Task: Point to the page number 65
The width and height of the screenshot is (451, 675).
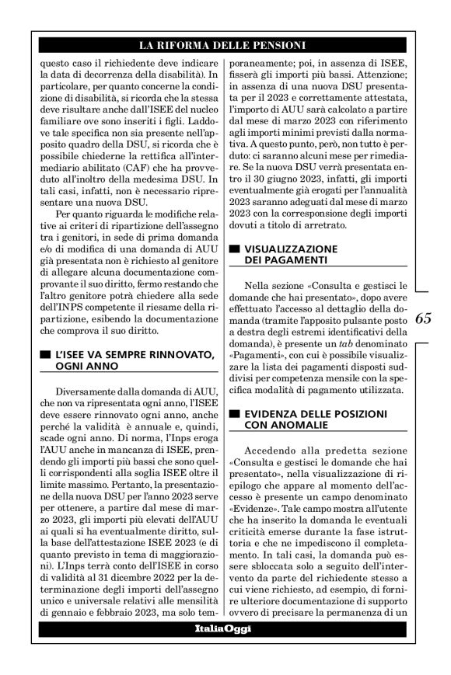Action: point(425,318)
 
